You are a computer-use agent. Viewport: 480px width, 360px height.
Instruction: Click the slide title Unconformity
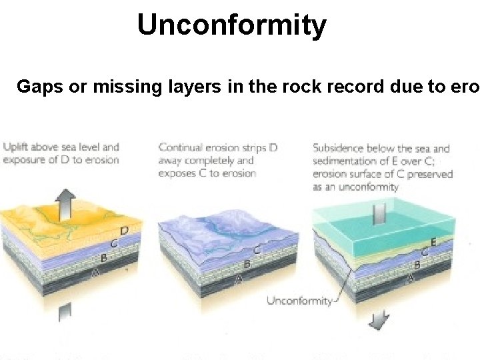tap(231, 25)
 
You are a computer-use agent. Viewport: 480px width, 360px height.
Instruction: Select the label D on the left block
tap(124, 230)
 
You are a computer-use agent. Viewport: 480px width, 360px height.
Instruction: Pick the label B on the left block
tap(104, 257)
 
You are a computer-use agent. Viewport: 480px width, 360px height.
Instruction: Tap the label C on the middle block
tap(257, 250)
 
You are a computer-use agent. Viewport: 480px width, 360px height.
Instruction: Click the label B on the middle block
tap(247, 264)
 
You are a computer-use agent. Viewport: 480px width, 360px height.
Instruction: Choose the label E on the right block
tap(433, 242)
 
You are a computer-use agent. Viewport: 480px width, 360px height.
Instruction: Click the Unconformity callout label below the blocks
tap(299, 301)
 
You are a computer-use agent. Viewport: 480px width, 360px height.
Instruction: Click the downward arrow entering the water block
tap(379, 215)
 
